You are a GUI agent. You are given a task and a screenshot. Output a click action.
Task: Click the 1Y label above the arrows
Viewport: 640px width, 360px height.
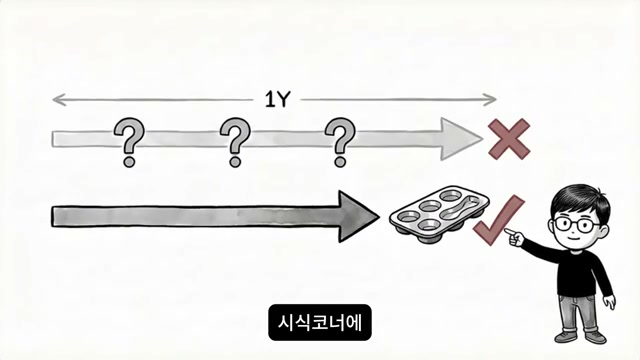[277, 99]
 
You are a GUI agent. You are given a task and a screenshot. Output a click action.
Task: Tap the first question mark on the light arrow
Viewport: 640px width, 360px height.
[128, 142]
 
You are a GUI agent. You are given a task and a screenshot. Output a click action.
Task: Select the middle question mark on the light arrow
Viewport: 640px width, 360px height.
[235, 142]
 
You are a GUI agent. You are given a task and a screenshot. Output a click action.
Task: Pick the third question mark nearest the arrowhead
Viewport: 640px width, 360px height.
[341, 142]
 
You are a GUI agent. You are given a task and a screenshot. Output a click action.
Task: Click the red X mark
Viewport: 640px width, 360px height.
[508, 138]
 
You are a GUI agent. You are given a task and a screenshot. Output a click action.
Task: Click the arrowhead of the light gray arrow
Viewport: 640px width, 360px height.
[465, 138]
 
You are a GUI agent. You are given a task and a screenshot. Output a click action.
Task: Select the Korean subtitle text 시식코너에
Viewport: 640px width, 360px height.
[320, 323]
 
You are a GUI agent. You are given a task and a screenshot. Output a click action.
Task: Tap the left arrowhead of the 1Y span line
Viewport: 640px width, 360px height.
[56, 99]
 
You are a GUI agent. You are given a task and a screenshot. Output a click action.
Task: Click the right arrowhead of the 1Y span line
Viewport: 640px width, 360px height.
[492, 99]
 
